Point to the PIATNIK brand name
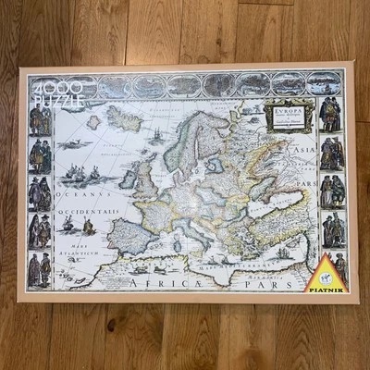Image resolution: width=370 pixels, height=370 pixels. (x=325, y=287)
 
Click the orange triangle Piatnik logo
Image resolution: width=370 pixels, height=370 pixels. (x=325, y=271)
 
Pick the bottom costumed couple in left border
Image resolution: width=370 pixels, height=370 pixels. (x=41, y=269)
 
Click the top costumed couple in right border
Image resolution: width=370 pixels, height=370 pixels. (x=330, y=115)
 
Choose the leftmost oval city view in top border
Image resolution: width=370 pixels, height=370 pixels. (x=82, y=87)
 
